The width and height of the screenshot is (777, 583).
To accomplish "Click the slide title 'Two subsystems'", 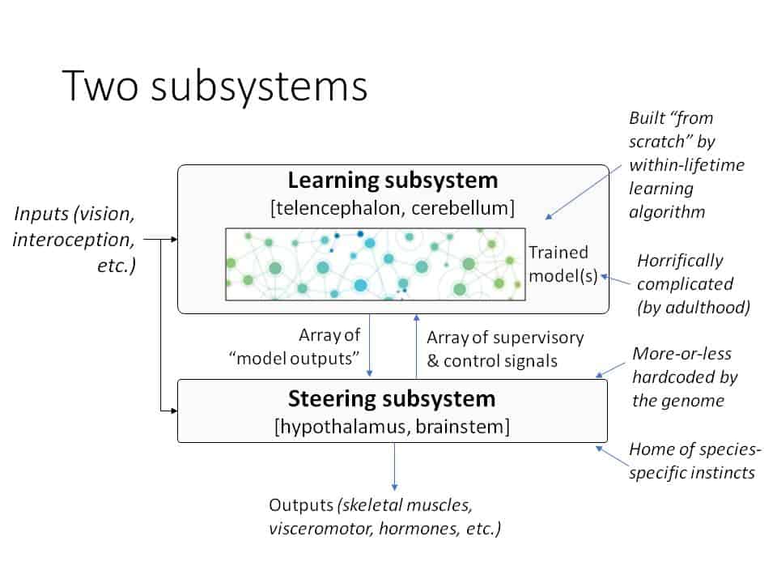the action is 214,86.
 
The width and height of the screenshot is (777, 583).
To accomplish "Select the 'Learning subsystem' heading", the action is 393,181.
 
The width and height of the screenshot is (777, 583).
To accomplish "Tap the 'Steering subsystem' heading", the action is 392,399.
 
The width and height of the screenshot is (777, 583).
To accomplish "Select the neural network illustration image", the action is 375,264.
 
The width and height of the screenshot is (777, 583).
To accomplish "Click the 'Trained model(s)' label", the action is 563,264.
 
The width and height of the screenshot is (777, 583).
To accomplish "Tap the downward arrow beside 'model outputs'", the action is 369,345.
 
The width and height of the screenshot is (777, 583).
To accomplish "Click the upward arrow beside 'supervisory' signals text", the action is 416,346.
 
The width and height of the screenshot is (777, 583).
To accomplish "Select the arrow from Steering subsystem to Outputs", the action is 394,466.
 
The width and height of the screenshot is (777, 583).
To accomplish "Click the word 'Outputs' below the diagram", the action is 301,505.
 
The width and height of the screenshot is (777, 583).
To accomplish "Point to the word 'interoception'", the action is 74,240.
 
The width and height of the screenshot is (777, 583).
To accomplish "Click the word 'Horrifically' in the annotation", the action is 680,261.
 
